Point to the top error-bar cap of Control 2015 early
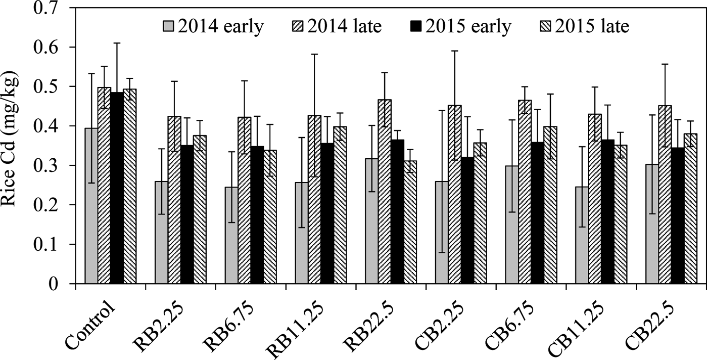[x=117, y=43]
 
